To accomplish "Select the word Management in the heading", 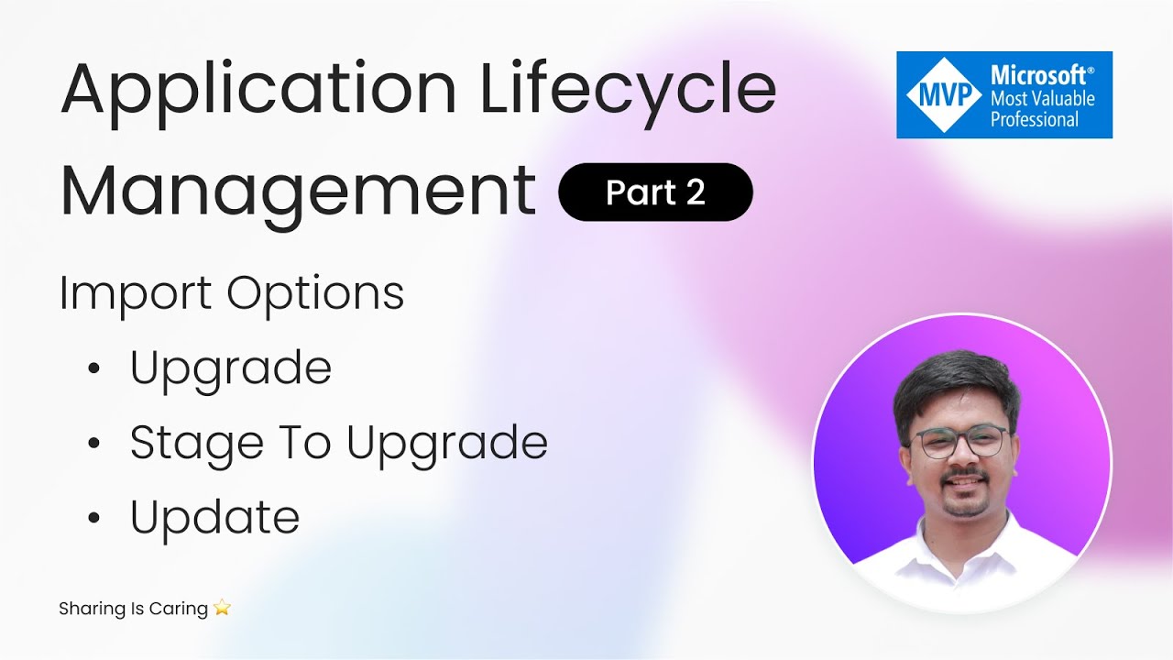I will pos(298,190).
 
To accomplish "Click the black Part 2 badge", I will pos(655,192).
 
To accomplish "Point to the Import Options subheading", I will pos(232,294).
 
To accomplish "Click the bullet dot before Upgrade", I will pos(93,369).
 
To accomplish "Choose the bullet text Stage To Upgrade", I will pos(338,443).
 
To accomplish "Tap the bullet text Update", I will pos(214,517).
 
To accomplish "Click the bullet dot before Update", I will pos(93,518).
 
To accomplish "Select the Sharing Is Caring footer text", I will pos(133,609).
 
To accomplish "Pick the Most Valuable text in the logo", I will pos(1042,98).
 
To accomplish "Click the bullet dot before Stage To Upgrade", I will pos(93,444).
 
